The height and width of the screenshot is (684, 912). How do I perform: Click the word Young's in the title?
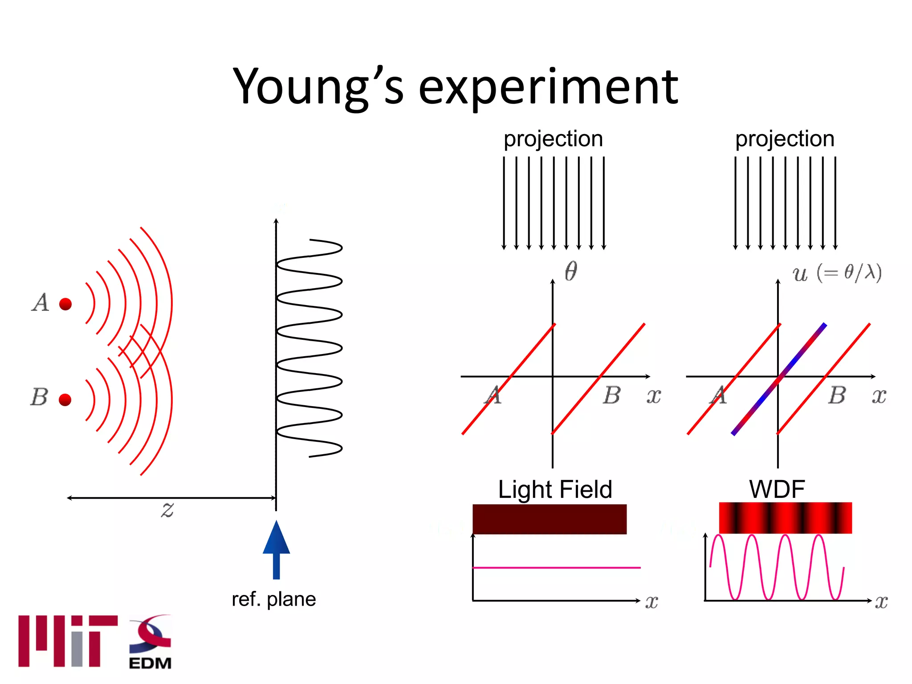point(318,87)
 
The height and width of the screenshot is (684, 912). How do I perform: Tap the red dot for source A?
point(65,304)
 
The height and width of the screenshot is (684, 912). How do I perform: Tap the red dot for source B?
point(65,399)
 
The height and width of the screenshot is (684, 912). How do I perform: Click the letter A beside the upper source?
point(41,303)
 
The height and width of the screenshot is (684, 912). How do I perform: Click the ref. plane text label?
point(273,599)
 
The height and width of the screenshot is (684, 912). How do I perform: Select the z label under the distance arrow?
point(167,509)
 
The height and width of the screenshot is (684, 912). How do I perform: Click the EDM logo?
point(150,643)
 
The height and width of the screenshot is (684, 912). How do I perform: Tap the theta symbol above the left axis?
point(571,271)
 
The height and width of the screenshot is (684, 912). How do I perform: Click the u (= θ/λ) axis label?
point(836,273)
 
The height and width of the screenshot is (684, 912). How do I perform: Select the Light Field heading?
point(555,489)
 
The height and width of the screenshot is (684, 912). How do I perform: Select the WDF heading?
point(777,489)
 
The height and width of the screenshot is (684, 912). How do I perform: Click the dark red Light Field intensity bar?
point(550,519)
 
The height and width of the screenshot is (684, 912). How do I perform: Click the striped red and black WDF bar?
point(785,518)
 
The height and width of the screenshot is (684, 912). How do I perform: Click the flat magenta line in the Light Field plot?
point(557,568)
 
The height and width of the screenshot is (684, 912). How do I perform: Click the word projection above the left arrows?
point(553,139)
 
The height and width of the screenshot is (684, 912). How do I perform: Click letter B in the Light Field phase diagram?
point(612,395)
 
